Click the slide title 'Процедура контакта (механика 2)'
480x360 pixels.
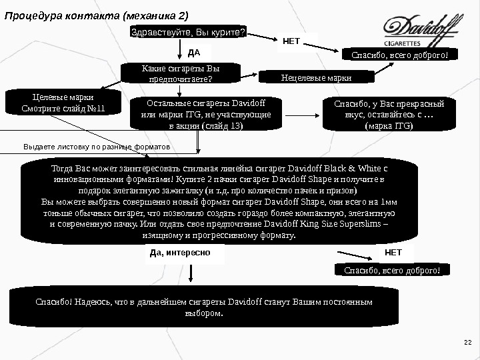97,14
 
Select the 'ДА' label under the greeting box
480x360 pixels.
195,51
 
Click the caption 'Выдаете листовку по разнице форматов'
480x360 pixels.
97,145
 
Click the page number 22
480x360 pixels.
467,342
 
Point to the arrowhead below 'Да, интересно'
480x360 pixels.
193,280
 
